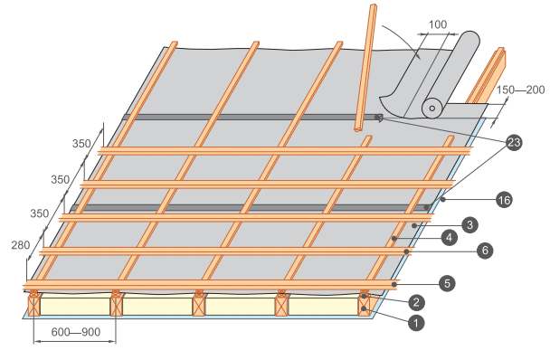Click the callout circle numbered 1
pyautogui.click(x=416, y=323)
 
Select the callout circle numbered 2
pyautogui.click(x=416, y=302)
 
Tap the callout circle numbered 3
pyautogui.click(x=470, y=224)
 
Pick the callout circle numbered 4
pyautogui.click(x=450, y=238)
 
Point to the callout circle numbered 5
pyautogui.click(x=447, y=283)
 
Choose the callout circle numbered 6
pyautogui.click(x=485, y=251)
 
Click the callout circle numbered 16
pyautogui.click(x=504, y=200)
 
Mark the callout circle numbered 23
pyautogui.click(x=514, y=142)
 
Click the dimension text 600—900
pyautogui.click(x=76, y=332)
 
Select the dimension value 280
pyautogui.click(x=21, y=245)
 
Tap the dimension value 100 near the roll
pyautogui.click(x=438, y=24)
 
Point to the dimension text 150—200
pyautogui.click(x=520, y=90)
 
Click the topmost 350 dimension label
pyautogui.click(x=81, y=144)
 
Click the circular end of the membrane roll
pyautogui.click(x=432, y=109)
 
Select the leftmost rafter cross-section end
pyautogui.click(x=34, y=306)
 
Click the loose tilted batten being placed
pyautogui.click(x=365, y=68)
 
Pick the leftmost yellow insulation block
pyautogui.click(x=75, y=307)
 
